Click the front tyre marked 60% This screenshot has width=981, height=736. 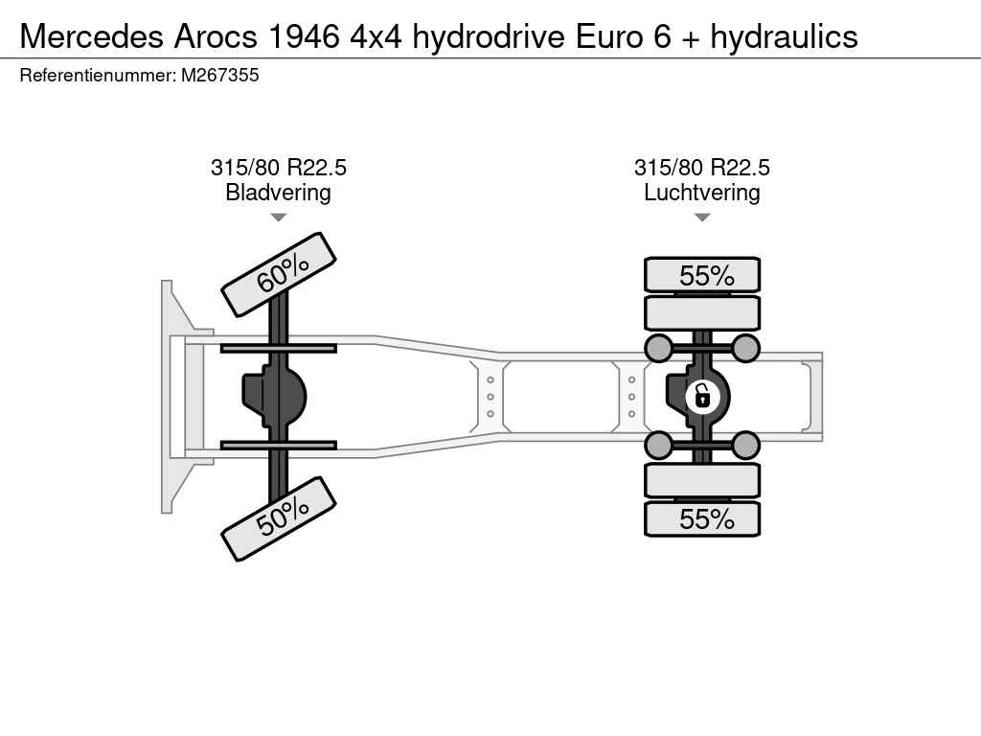(x=279, y=274)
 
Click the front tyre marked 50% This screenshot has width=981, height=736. (x=279, y=518)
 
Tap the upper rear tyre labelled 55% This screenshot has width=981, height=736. (x=702, y=275)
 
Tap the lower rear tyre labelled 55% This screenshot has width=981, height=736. (x=702, y=518)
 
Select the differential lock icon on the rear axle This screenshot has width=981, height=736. (x=702, y=397)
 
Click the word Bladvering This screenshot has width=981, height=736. (x=278, y=192)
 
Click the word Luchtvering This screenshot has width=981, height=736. (x=702, y=192)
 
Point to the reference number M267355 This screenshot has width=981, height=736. (x=219, y=75)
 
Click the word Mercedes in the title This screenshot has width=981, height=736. (x=91, y=36)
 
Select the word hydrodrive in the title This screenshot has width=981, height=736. (x=489, y=36)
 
